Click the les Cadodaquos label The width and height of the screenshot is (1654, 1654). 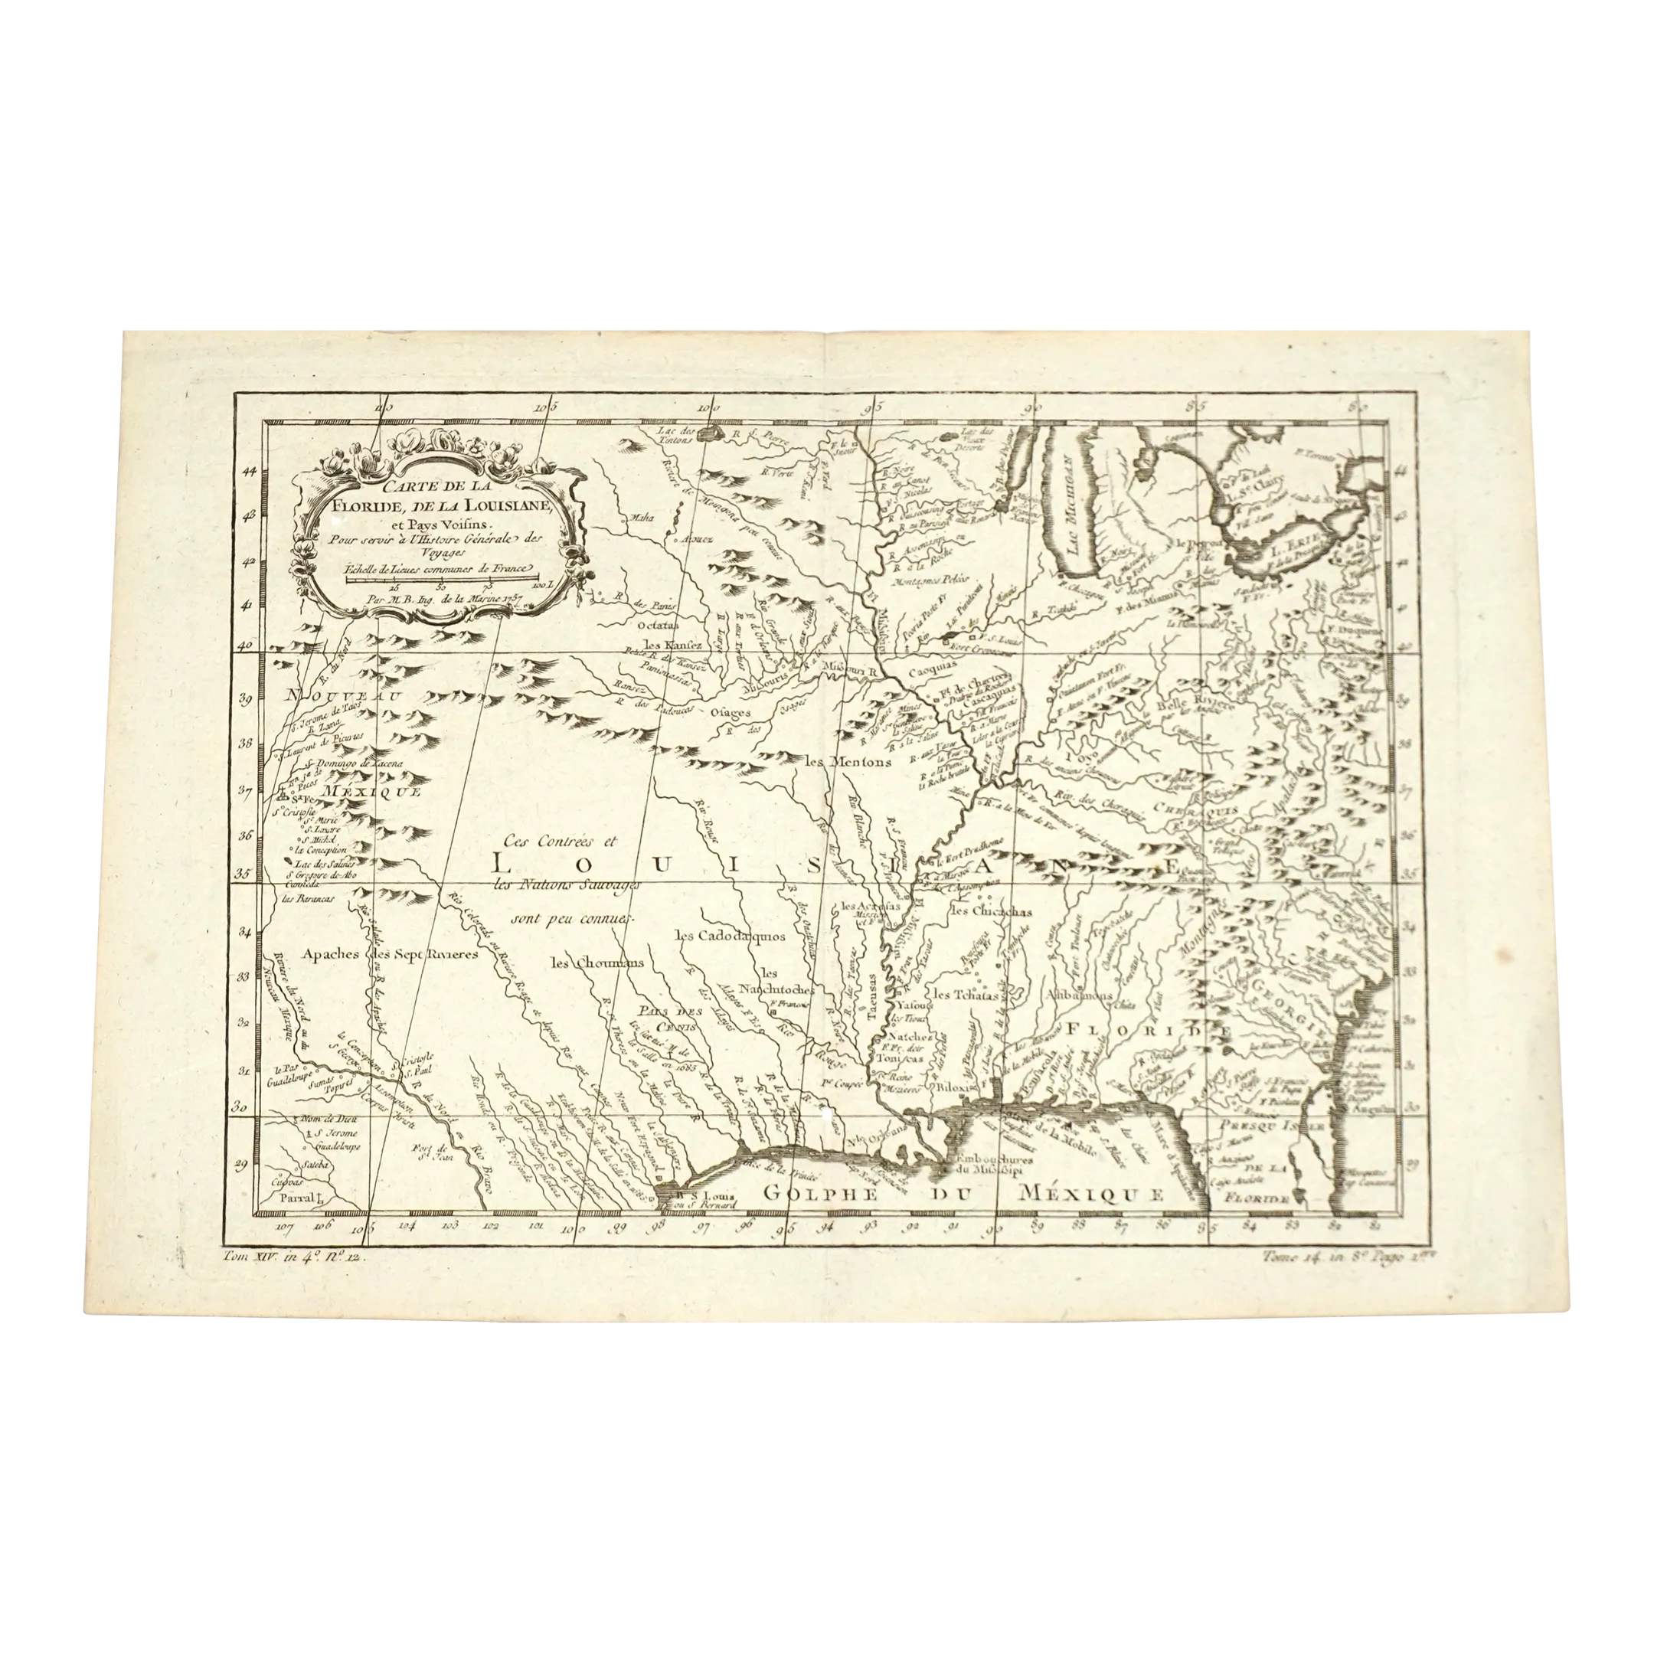(730, 936)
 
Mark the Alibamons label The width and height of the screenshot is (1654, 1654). (1077, 995)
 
